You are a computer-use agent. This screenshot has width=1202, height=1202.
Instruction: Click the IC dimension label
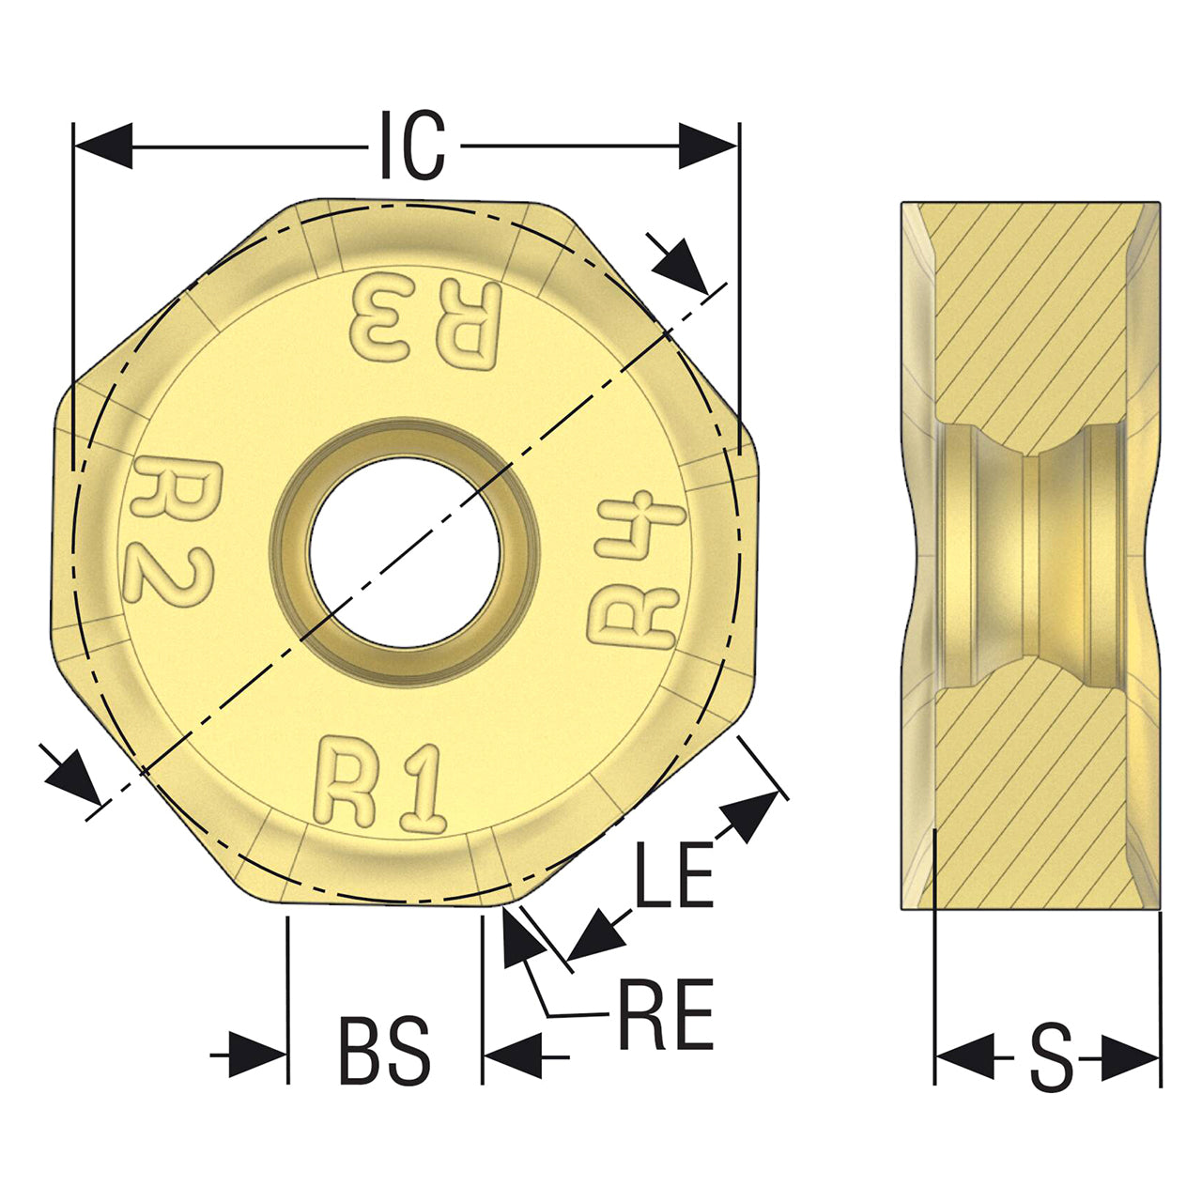point(413,146)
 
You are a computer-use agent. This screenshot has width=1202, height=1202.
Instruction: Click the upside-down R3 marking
point(426,321)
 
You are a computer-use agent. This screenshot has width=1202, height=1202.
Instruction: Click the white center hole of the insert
point(405,552)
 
